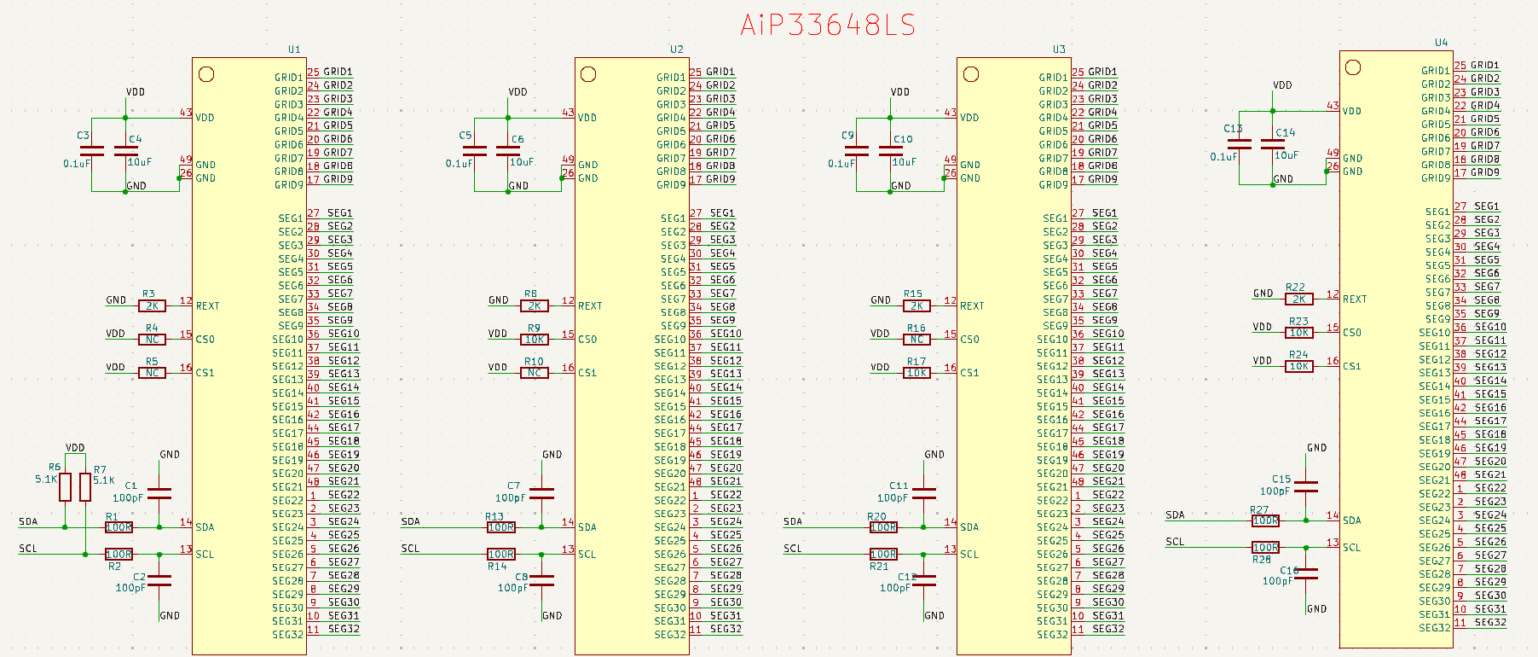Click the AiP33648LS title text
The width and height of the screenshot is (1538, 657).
point(827,25)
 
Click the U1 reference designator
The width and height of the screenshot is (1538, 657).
point(294,49)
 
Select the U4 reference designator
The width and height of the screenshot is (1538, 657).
point(1441,43)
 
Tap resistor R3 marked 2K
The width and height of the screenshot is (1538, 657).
point(152,305)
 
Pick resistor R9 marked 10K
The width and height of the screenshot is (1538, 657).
point(535,339)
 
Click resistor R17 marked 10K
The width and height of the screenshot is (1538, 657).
point(916,372)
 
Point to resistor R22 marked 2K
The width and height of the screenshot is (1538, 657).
point(1298,299)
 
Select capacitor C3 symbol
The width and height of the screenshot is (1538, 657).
point(91,151)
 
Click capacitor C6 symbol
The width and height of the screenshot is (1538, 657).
point(508,151)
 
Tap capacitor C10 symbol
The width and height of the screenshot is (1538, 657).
point(891,151)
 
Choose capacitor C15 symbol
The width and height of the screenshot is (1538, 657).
point(1306,486)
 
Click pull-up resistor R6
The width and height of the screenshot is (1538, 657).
point(65,487)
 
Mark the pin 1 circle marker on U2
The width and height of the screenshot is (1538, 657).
point(588,74)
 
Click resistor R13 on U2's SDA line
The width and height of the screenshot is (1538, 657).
point(500,527)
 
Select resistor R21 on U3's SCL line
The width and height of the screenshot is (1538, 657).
point(883,554)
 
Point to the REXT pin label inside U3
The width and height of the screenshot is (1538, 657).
point(972,305)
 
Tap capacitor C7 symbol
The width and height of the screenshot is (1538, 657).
point(542,493)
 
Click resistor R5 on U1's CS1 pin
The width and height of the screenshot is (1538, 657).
point(152,372)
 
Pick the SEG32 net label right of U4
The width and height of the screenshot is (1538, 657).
point(1490,622)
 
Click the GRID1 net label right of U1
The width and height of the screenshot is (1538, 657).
point(338,72)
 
